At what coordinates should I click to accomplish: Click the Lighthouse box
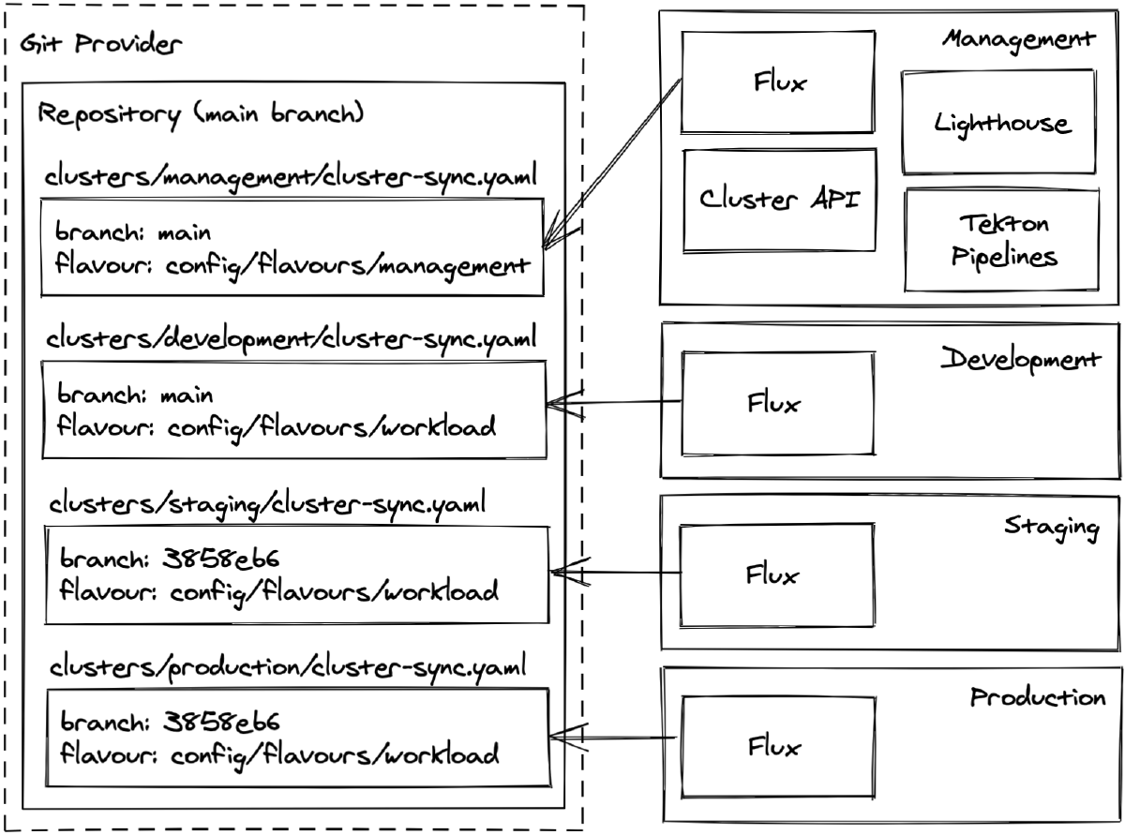tap(998, 122)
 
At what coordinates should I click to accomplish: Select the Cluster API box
tap(779, 200)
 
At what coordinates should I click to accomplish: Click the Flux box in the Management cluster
tap(778, 82)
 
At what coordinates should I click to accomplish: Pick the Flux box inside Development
tap(774, 404)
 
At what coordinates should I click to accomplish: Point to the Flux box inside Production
tap(774, 747)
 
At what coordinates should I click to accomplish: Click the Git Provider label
tap(101, 45)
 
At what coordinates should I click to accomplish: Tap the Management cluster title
tap(1018, 39)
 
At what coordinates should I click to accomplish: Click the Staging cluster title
tap(1050, 526)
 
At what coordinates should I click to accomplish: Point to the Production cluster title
tap(1037, 697)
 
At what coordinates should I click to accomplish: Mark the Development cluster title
tap(1020, 360)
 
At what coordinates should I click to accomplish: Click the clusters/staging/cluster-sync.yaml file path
tap(266, 505)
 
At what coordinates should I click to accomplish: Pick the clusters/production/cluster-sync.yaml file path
tap(287, 667)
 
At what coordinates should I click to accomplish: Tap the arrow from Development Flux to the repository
tap(614, 403)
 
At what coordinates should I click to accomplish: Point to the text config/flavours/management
tap(342, 264)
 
